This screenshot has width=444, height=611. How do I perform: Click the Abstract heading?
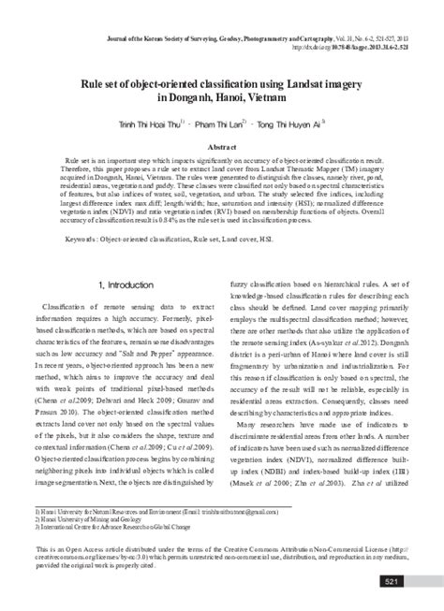221,148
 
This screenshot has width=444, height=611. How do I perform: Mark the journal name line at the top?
234,35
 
